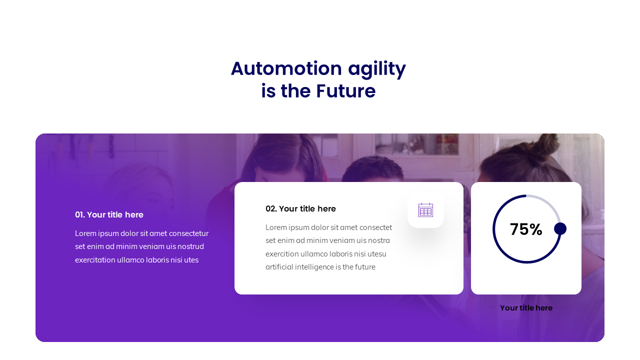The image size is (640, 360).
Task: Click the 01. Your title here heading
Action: point(109,215)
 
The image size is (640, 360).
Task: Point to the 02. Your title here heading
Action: point(300,209)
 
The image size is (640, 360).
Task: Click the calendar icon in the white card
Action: point(425,210)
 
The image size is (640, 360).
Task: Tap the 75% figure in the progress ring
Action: point(526,229)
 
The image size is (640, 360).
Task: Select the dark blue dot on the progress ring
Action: point(560,228)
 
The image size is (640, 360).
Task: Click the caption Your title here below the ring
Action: point(526,308)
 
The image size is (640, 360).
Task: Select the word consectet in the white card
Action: point(375,227)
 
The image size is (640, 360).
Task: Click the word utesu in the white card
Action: point(377,254)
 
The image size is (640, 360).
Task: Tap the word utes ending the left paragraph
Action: point(190,260)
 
